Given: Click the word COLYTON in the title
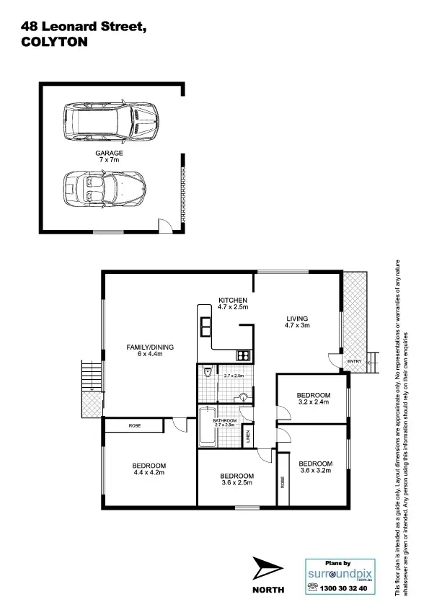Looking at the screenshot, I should click(x=55, y=43).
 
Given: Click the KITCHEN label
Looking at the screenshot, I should click(x=234, y=300).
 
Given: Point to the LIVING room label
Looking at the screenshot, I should click(x=296, y=318).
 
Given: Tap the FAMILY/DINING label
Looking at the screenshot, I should click(x=151, y=347).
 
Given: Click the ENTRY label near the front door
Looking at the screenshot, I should click(x=354, y=361).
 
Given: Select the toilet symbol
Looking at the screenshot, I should click(x=208, y=373).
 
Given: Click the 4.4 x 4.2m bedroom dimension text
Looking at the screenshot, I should click(x=149, y=473).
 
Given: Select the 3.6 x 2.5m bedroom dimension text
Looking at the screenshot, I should click(x=237, y=484).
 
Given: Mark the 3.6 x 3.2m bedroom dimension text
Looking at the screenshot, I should click(x=316, y=471).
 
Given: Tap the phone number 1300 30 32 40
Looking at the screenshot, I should click(x=347, y=588).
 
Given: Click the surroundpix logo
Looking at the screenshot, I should click(x=340, y=575).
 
